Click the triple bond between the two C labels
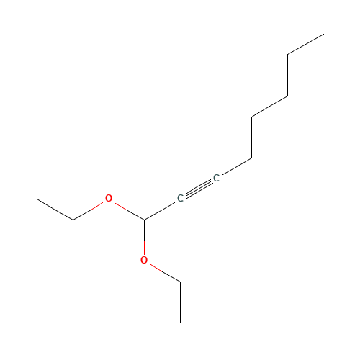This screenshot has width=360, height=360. pyautogui.click(x=198, y=189)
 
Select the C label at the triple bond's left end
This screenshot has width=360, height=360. pyautogui.click(x=180, y=198)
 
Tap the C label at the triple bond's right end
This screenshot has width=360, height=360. pyautogui.click(x=216, y=178)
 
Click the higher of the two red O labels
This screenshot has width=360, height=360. pyautogui.click(x=109, y=198)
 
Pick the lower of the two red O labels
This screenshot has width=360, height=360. pyautogui.click(x=144, y=260)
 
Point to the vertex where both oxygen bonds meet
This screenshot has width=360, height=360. pyautogui.click(x=144, y=220)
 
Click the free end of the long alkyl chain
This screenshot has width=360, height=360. pyautogui.click(x=324, y=34)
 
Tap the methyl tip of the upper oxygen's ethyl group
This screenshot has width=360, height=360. pyautogui.click(x=37, y=199)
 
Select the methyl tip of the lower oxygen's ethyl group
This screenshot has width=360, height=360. pyautogui.click(x=181, y=323)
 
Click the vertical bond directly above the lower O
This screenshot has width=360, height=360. pyautogui.click(x=144, y=237)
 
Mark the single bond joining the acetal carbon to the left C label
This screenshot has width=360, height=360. pyautogui.click(x=160, y=211)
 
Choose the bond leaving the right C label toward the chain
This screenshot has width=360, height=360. pyautogui.click(x=237, y=167)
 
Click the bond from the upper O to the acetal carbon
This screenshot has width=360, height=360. pyautogui.click(x=130, y=211)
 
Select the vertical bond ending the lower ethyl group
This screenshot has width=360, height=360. pyautogui.click(x=181, y=302)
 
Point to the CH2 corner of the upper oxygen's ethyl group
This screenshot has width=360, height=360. pyautogui.click(x=73, y=220)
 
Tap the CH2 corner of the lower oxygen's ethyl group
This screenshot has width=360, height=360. pyautogui.click(x=181, y=282)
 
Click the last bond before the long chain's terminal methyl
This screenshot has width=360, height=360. pyautogui.click(x=306, y=45)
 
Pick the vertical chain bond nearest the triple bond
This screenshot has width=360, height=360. pyautogui.click(x=251, y=138)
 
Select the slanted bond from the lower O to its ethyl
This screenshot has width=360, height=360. pyautogui.click(x=166, y=273)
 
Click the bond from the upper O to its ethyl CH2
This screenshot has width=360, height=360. pyautogui.click(x=88, y=211)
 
